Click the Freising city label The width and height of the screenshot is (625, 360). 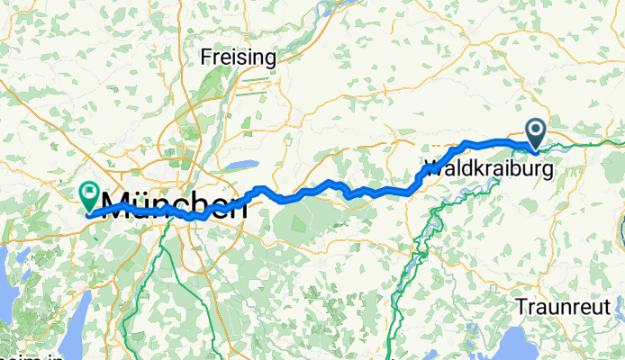tap(238, 58)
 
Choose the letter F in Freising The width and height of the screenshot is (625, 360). tap(206, 58)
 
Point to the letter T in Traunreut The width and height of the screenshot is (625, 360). tap(521, 306)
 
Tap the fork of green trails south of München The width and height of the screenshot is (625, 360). tap(168, 220)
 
